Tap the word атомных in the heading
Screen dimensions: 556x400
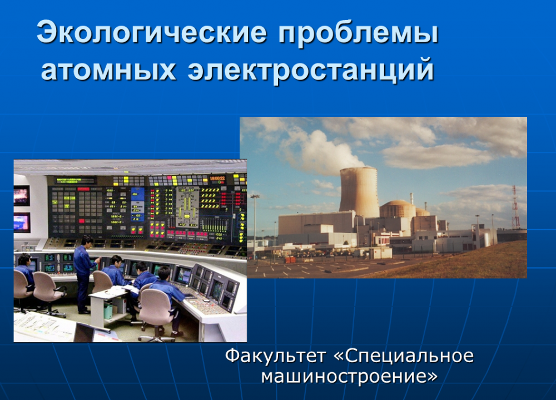[108, 69]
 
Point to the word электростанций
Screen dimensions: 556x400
[311, 70]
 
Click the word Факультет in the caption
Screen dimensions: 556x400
[276, 355]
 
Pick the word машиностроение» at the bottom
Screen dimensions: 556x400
[350, 376]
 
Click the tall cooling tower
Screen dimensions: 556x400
[359, 192]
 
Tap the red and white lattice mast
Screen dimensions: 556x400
[515, 207]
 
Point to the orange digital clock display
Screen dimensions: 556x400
[217, 179]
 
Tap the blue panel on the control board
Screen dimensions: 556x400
[137, 204]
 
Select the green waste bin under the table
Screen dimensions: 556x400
[108, 311]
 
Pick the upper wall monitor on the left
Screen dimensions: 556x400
[21, 196]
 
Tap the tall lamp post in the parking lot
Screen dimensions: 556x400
[255, 227]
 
